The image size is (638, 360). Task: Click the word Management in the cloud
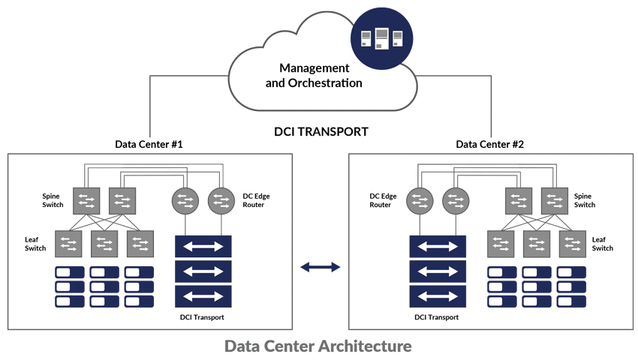click(x=314, y=68)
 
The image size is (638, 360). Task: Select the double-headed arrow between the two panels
click(x=321, y=265)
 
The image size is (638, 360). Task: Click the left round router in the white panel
click(x=185, y=200)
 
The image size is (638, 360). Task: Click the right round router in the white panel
click(x=221, y=200)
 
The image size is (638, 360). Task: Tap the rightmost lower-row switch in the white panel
click(x=140, y=243)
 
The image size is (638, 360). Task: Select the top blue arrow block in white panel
click(x=203, y=245)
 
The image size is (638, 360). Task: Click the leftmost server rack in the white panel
click(x=69, y=286)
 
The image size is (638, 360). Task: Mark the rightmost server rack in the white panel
click(x=140, y=286)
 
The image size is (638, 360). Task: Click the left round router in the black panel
click(x=420, y=200)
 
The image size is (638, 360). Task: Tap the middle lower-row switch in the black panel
click(x=537, y=243)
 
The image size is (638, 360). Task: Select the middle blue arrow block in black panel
click(x=438, y=271)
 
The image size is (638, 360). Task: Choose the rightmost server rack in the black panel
click(x=572, y=286)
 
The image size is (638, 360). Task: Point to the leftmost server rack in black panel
click(x=501, y=286)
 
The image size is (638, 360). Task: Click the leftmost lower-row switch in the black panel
click(x=501, y=243)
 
